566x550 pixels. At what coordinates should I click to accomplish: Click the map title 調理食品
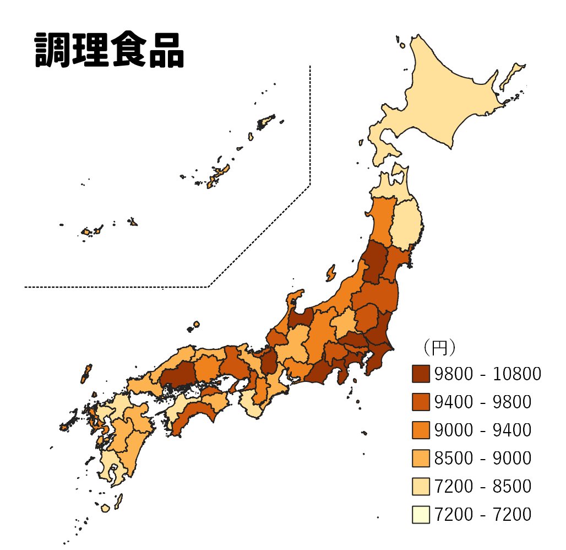109,51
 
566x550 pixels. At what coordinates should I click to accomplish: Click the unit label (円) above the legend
438,348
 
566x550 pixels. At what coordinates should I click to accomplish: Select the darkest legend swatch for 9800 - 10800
421,374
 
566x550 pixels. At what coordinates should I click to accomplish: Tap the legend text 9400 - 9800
482,402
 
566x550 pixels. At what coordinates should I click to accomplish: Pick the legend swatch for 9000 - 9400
421,430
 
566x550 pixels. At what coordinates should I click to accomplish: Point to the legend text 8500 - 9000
482,459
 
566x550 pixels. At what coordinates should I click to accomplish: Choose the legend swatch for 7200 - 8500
421,487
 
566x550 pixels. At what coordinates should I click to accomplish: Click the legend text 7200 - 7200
482,515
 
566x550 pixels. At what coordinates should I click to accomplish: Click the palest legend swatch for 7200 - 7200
421,515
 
